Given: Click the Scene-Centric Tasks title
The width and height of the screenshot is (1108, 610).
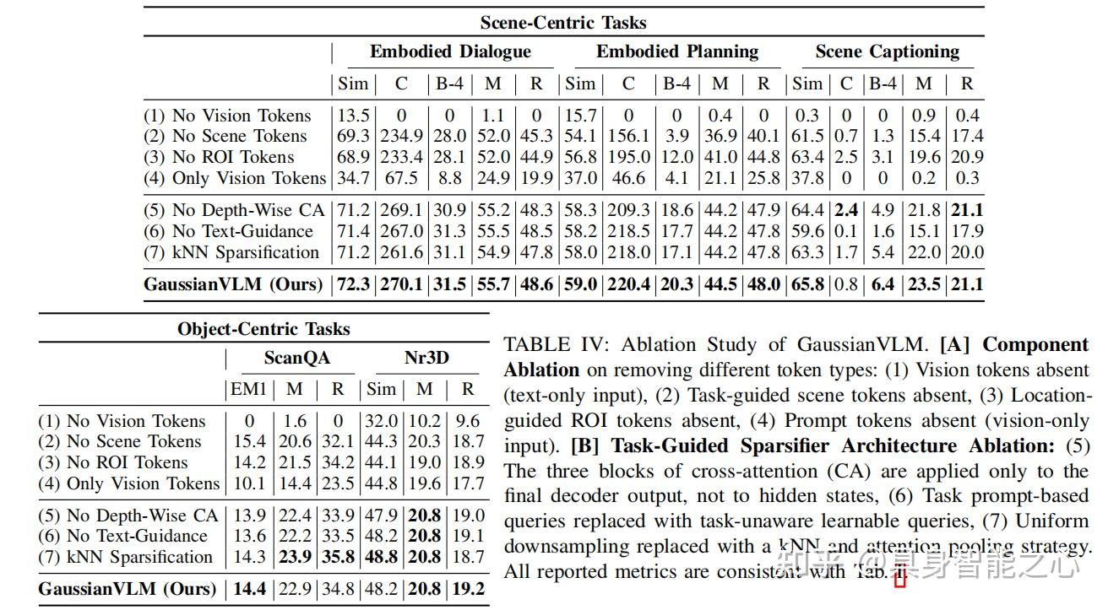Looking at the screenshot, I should pos(562,22).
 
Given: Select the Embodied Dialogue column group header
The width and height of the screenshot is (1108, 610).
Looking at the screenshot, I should pos(450,51).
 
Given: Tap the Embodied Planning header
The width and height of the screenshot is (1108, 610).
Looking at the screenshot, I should pos(676,51).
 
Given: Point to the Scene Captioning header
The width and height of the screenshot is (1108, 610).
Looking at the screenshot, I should pos(887,51).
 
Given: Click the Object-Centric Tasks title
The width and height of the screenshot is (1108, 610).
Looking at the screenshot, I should pos(263,329).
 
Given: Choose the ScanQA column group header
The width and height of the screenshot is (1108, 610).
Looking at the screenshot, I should pos(296,358).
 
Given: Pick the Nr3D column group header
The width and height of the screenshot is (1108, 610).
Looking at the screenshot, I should pos(426,358).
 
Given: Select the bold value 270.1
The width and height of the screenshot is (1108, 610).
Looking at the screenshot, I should pos(401,284).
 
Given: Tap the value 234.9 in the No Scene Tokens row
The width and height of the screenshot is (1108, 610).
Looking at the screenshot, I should pos(401,136).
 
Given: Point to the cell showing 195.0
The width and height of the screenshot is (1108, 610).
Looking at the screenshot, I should pos(627,157).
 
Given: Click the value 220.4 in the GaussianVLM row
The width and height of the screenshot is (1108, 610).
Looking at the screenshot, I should pos(627,284).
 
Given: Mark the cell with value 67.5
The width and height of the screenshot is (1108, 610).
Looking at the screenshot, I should pos(401,178).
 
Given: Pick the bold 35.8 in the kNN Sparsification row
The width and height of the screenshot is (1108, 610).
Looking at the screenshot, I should pos(338,557).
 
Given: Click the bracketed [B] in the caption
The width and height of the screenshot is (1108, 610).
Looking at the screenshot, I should pos(585,445).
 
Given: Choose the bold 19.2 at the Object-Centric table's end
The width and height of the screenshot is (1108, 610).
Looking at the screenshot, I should pos(468,589).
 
